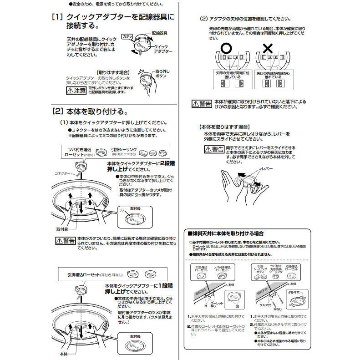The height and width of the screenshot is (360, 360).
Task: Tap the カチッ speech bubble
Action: coord(127,36)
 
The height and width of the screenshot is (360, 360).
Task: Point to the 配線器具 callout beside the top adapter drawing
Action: coord(159,33)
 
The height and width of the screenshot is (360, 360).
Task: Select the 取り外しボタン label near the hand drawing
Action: coord(162,75)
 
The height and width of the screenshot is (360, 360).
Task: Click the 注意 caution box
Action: coord(76,90)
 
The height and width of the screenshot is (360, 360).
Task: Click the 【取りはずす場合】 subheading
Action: coord(114,72)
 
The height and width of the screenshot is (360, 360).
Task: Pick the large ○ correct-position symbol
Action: coord(226,48)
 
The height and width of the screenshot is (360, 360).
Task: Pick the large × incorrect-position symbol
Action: coord(268,48)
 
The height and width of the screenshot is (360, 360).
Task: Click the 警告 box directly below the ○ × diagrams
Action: coord(202,103)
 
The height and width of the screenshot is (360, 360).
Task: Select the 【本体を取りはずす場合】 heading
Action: coord(224,126)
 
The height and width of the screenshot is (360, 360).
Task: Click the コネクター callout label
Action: coord(62,173)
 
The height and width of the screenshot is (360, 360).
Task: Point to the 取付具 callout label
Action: coord(62,229)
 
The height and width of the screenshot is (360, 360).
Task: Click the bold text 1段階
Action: coord(167,285)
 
